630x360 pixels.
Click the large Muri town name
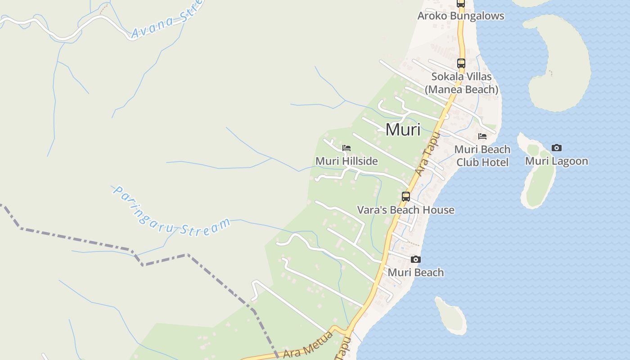pyautogui.click(x=403, y=130)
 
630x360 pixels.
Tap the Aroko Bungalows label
pyautogui.click(x=461, y=16)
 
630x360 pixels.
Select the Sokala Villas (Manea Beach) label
pyautogui.click(x=461, y=83)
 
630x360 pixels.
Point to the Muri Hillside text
pyautogui.click(x=346, y=161)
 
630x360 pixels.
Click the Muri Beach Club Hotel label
pyautogui.click(x=482, y=156)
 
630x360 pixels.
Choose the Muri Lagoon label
pyautogui.click(x=557, y=161)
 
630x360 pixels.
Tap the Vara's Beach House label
pyautogui.click(x=405, y=210)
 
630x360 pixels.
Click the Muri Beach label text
pyautogui.click(x=415, y=273)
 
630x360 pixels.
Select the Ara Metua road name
pyautogui.click(x=308, y=346)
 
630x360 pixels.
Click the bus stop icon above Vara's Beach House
pyautogui.click(x=406, y=197)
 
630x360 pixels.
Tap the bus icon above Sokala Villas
pyautogui.click(x=461, y=63)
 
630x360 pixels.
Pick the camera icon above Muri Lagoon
pyautogui.click(x=557, y=148)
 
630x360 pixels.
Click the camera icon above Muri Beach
pyautogui.click(x=416, y=260)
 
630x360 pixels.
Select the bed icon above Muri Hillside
pyautogui.click(x=346, y=148)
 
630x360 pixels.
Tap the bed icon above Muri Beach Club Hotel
pyautogui.click(x=482, y=136)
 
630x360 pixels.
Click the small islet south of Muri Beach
pyautogui.click(x=451, y=315)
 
